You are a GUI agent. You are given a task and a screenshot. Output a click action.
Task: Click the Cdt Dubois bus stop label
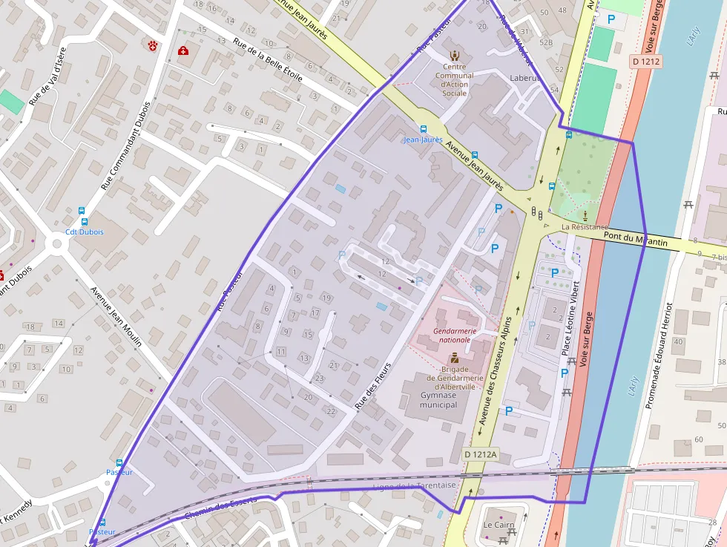click(x=85, y=232)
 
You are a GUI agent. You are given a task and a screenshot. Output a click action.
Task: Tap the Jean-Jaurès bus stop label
click(x=424, y=139)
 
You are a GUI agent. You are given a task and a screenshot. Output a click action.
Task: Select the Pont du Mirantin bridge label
click(x=635, y=239)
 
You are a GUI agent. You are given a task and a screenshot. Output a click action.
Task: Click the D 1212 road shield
click(x=647, y=62)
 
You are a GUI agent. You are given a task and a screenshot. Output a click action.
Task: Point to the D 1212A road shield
click(x=481, y=454)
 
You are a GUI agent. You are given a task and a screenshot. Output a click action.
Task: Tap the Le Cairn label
click(x=499, y=525)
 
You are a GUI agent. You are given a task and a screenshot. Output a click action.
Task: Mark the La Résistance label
click(x=585, y=227)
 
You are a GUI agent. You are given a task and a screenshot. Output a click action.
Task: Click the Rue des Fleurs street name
click(x=372, y=391)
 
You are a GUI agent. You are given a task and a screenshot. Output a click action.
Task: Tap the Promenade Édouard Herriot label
click(x=659, y=356)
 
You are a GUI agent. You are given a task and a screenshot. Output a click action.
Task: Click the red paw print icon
click(x=154, y=46)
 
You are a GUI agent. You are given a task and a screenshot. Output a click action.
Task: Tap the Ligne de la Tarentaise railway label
click(x=415, y=485)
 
